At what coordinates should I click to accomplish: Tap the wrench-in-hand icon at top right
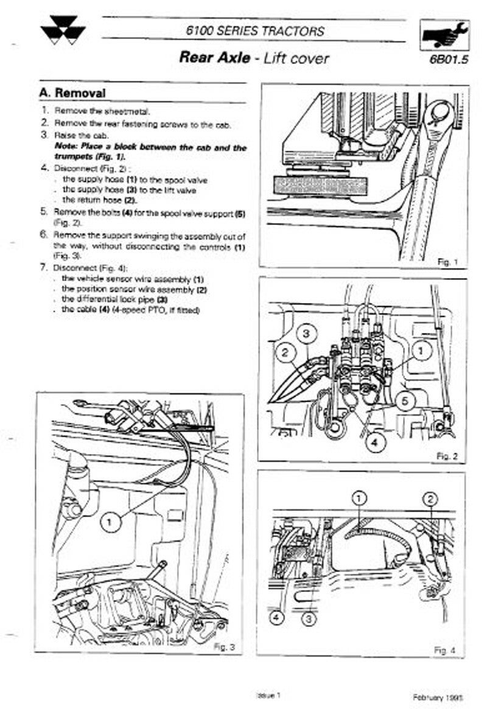(446, 36)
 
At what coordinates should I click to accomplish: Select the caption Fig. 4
(444, 651)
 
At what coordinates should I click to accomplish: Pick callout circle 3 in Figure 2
(307, 334)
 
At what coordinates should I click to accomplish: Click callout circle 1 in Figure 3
(110, 521)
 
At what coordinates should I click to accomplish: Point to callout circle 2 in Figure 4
(430, 500)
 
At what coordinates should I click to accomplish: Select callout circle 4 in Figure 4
(276, 618)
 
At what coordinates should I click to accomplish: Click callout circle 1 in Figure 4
(360, 498)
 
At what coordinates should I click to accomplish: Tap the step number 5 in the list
(44, 212)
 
